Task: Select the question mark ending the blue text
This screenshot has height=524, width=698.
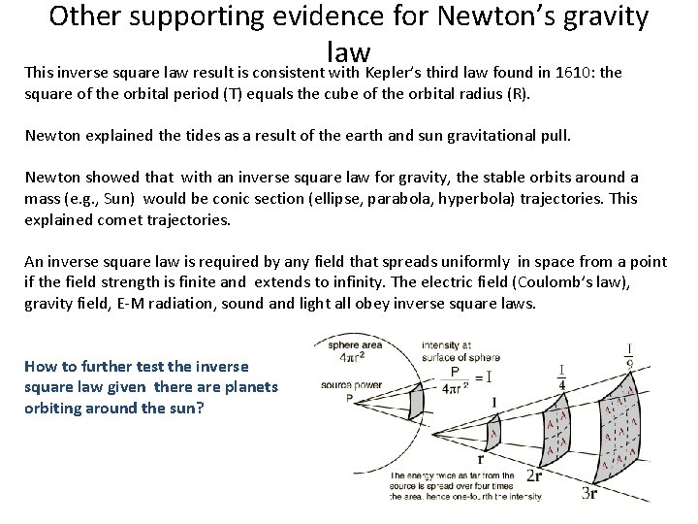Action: point(201,407)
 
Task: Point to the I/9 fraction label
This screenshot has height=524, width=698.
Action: point(630,355)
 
